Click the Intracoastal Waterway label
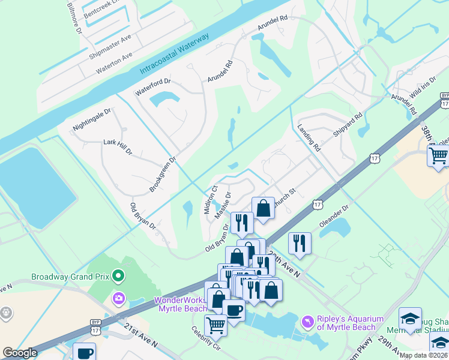[174, 54]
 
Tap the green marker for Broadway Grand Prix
[118, 277]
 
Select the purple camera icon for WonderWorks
[118, 298]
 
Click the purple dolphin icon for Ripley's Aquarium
[309, 322]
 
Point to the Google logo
[20, 353]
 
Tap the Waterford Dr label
[153, 88]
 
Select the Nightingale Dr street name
[92, 120]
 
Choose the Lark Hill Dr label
[117, 146]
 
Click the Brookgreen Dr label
[163, 176]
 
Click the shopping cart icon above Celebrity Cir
[215, 325]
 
